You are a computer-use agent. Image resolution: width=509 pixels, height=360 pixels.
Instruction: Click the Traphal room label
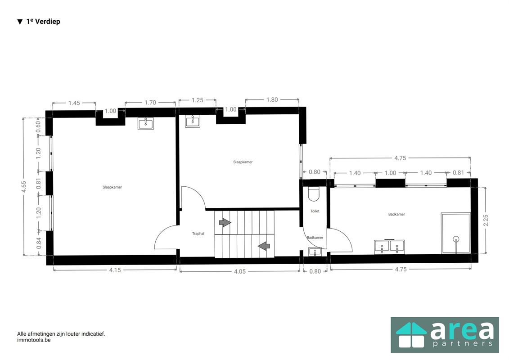(x=198, y=234)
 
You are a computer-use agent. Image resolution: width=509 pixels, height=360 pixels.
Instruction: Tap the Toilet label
(x=315, y=211)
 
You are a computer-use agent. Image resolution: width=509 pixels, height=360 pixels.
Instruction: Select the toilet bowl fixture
(x=314, y=194)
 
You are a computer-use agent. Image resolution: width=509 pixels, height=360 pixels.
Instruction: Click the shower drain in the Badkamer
(x=456, y=239)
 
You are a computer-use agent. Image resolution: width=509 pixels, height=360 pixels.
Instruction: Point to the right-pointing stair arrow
(x=225, y=223)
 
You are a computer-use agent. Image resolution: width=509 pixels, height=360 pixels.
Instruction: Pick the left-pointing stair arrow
(x=264, y=246)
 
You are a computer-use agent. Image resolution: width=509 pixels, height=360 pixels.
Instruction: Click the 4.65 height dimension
(x=24, y=187)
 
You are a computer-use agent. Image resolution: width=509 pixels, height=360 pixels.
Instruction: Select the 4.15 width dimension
(x=115, y=270)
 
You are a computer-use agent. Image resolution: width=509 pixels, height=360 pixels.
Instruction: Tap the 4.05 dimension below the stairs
(x=240, y=271)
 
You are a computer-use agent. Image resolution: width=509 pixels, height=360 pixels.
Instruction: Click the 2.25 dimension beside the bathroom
(x=486, y=220)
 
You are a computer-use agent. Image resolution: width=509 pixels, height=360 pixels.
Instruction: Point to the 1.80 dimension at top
(x=272, y=99)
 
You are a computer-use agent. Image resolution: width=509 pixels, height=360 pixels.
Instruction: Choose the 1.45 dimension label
(x=74, y=103)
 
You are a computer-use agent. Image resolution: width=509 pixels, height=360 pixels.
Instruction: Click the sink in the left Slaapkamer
(x=146, y=123)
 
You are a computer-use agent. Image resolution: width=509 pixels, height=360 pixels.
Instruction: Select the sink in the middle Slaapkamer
(x=193, y=121)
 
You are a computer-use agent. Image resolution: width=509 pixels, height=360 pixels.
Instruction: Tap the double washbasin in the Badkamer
(x=389, y=247)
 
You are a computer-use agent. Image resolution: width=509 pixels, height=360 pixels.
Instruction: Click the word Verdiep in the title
(x=47, y=22)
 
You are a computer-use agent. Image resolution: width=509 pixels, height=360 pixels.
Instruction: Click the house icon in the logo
(x=411, y=335)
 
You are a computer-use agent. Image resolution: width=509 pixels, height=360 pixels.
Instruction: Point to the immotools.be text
(x=34, y=340)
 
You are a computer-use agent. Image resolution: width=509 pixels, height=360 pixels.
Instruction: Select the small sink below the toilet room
(x=315, y=252)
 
